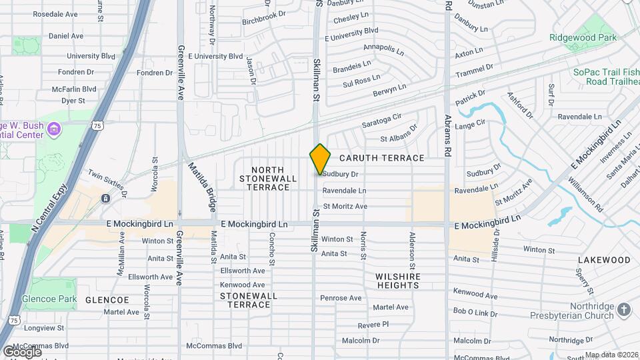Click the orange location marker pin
click(320, 159)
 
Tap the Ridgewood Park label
click(583, 38)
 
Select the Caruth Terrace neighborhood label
click(382, 158)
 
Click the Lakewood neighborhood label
click(604, 260)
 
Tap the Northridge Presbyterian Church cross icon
click(623, 309)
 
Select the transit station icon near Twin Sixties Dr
click(105, 199)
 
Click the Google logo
click(22, 351)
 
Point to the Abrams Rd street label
click(449, 131)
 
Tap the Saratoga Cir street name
click(382, 121)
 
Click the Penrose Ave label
click(341, 298)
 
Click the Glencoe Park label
click(49, 300)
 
